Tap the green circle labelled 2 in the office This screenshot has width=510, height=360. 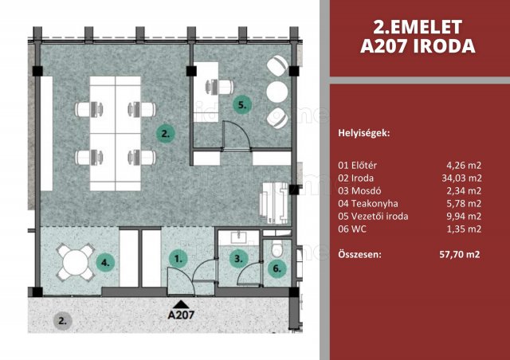[166, 134]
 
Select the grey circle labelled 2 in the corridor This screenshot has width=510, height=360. [62, 321]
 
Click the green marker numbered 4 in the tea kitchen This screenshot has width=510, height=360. [105, 262]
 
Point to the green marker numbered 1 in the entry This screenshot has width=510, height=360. [178, 259]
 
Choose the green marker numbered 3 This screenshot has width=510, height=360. [238, 259]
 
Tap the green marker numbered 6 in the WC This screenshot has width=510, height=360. [277, 268]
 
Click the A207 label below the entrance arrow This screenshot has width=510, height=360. [181, 315]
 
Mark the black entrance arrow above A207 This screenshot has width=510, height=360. [181, 304]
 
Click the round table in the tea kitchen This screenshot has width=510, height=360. [76, 263]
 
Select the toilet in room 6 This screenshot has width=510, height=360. [278, 246]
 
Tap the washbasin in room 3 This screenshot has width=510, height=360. [239, 237]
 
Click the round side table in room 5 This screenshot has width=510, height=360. [277, 92]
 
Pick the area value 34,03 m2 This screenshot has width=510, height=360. [461, 178]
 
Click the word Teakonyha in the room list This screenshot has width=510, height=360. [375, 204]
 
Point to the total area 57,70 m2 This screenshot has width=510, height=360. [460, 254]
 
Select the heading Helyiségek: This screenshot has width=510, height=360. [364, 133]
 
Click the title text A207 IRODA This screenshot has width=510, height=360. [418, 46]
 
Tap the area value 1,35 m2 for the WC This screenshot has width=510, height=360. [464, 229]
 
